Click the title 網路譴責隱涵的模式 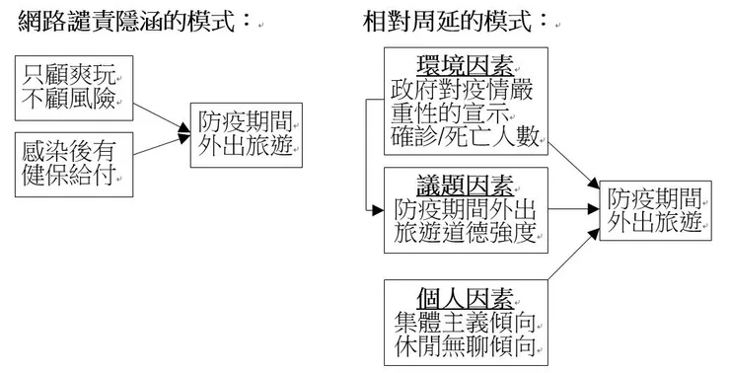point(128,20)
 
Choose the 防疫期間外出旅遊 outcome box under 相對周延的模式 point(655,208)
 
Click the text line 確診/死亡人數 point(467,137)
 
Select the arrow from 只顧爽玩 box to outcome point(158,110)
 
